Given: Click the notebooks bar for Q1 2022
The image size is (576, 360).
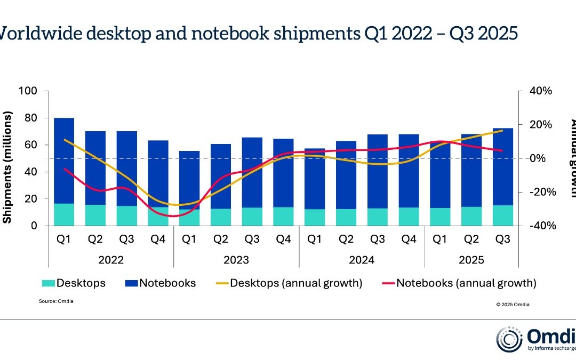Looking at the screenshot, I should coord(64,160).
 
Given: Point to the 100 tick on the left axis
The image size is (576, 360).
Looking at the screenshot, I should coord(27,91).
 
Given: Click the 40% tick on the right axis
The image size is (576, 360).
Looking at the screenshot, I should coord(540,91).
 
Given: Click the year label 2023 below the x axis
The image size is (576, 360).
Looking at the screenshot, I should coord(236,260).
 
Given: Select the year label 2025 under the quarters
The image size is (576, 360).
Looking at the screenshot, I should coord(471,260).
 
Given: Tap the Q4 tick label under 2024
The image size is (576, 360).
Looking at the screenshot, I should coord(409,240).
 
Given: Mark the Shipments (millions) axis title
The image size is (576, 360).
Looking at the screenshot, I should coord(7,167).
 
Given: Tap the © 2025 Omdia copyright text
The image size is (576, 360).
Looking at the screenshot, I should coord(513,305).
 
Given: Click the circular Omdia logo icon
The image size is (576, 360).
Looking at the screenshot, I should coord(509,339).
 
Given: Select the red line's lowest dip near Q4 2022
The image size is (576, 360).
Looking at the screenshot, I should coord(173,216).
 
